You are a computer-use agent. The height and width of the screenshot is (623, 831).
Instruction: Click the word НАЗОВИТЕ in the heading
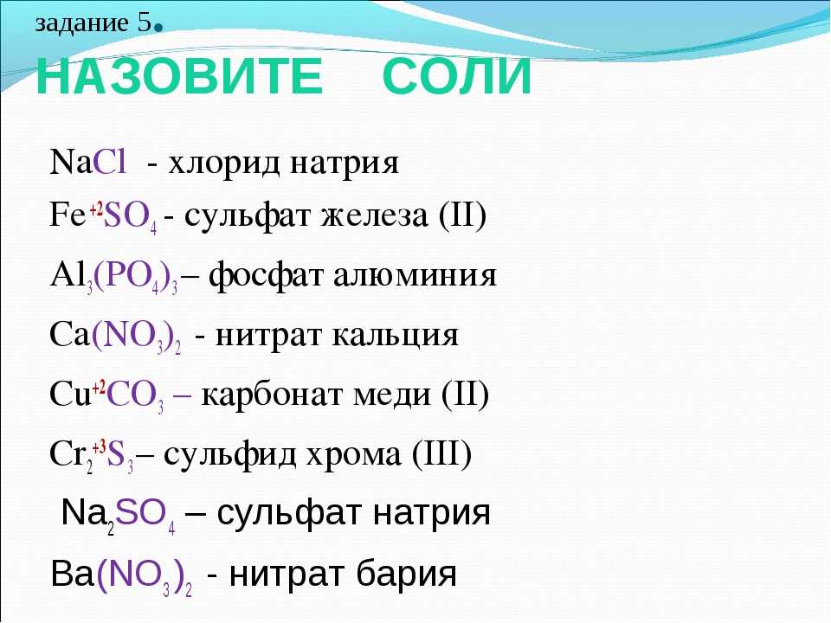[x=180, y=76]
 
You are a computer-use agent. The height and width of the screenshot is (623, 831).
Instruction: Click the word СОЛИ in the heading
[x=457, y=76]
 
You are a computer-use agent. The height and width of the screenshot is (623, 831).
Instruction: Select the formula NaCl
[x=88, y=162]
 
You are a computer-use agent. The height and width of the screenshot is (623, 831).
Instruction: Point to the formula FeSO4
[x=103, y=217]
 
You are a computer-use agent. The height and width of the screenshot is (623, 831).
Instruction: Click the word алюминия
[x=415, y=277]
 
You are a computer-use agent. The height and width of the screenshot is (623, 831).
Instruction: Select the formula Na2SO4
[x=119, y=515]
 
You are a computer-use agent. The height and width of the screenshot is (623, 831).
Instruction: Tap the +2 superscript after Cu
[x=99, y=386]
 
